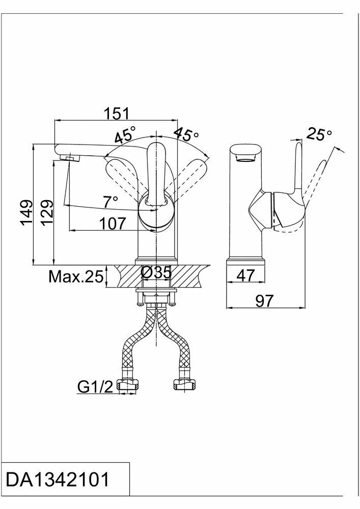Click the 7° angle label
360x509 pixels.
click(x=110, y=202)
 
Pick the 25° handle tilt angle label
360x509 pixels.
click(x=319, y=134)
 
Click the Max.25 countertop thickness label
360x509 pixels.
click(x=76, y=277)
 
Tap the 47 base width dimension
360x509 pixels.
click(x=246, y=275)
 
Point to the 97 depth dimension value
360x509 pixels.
click(x=264, y=301)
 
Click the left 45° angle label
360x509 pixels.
click(x=124, y=136)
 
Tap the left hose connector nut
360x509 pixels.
click(x=128, y=385)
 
